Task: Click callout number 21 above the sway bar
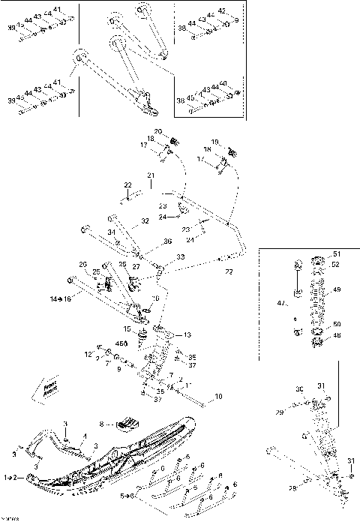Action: (150, 175)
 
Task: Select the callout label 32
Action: (145, 221)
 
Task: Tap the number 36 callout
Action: (167, 241)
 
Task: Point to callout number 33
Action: (181, 257)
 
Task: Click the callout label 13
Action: (187, 334)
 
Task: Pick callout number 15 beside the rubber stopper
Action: (127, 329)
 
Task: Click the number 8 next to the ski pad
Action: (113, 423)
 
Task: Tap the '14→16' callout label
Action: (60, 298)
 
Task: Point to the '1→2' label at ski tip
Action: (12, 477)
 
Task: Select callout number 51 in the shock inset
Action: (336, 253)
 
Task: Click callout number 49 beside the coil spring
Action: (337, 289)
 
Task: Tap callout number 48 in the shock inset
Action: (337, 336)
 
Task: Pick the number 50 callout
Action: (337, 323)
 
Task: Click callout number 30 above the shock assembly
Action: (299, 390)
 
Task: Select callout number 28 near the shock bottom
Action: (292, 488)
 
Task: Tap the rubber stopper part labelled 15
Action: (139, 338)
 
